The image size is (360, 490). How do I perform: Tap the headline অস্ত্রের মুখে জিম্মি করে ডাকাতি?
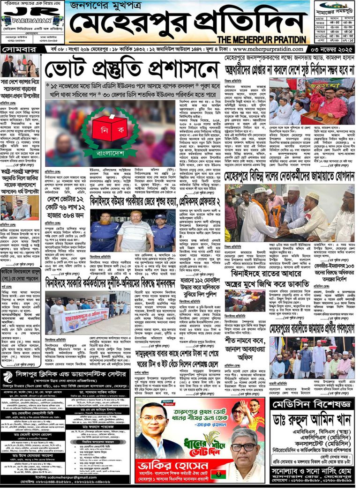[255, 284]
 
